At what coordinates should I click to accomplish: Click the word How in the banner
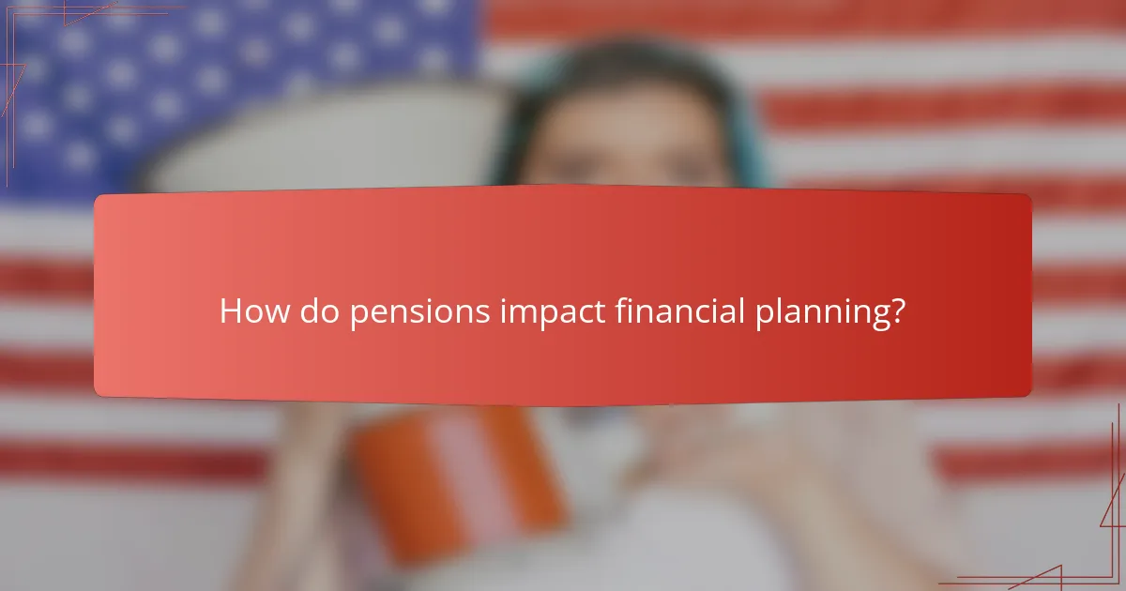[254, 311]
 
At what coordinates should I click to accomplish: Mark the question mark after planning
[898, 311]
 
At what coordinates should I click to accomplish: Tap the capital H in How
[230, 311]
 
